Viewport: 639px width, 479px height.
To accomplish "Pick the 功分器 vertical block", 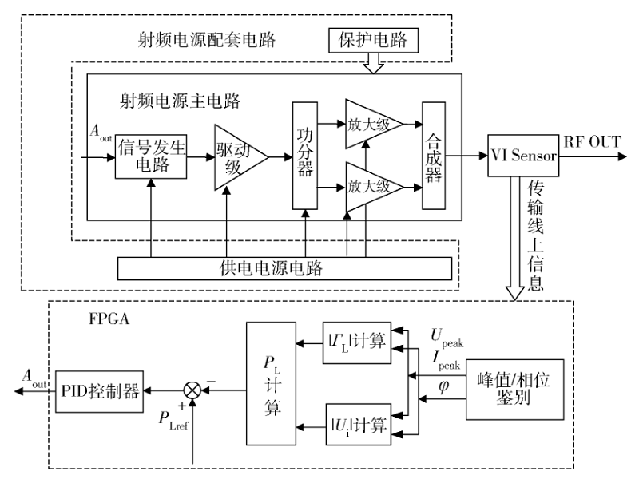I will (304, 156).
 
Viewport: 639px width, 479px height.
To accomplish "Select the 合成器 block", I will (433, 156).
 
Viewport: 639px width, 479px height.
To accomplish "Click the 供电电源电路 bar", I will (284, 267).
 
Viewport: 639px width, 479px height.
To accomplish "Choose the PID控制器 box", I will (99, 391).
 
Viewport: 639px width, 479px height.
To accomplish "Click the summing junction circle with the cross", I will (192, 392).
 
